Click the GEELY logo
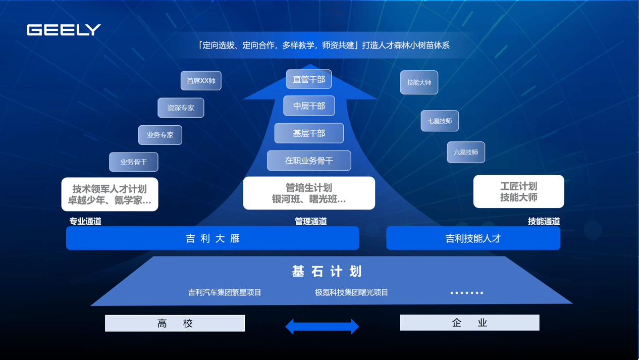click(x=64, y=30)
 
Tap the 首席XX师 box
click(x=201, y=81)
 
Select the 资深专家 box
click(x=181, y=108)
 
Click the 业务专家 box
click(x=160, y=135)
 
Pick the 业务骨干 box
click(x=134, y=162)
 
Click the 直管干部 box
click(x=309, y=79)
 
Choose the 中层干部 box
click(x=309, y=106)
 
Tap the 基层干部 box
click(x=309, y=133)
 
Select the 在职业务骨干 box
click(x=309, y=161)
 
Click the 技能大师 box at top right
click(x=419, y=82)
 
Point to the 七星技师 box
click(x=440, y=121)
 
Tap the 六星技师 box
click(x=466, y=152)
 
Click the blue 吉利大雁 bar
click(x=212, y=238)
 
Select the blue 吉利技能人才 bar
click(x=473, y=238)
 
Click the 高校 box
click(x=175, y=323)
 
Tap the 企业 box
click(x=469, y=323)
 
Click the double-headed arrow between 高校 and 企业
click(x=322, y=326)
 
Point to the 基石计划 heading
click(x=327, y=271)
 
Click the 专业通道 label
click(x=85, y=221)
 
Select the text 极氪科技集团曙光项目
click(x=351, y=292)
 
